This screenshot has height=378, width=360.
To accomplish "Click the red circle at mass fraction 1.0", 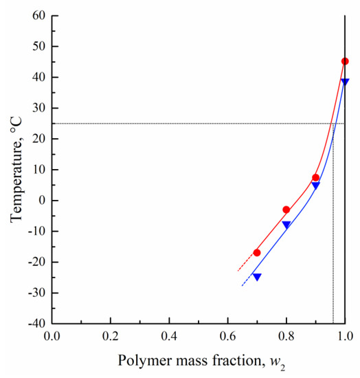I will click(x=345, y=61).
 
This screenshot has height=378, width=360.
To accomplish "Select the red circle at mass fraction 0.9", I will click(x=315, y=177).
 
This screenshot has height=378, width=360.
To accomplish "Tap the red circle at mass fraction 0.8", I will click(x=286, y=210).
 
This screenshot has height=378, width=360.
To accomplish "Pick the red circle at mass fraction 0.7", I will click(x=257, y=253).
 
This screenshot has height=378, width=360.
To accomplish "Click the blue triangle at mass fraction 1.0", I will click(x=345, y=82).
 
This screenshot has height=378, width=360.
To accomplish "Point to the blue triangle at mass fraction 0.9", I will click(x=315, y=186).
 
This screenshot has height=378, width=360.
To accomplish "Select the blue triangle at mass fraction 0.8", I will click(x=286, y=225).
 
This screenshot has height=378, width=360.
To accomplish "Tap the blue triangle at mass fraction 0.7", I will click(x=257, y=276).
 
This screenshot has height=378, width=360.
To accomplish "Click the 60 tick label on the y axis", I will click(x=38, y=16).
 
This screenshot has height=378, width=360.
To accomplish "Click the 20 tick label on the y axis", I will click(x=38, y=139).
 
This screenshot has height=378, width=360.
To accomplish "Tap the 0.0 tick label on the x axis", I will click(x=52, y=337).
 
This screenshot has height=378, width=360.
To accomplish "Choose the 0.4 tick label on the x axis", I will click(x=169, y=337).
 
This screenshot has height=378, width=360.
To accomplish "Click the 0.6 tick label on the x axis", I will click(x=227, y=337).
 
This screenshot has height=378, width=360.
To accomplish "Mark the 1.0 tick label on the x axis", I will click(x=345, y=337).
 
